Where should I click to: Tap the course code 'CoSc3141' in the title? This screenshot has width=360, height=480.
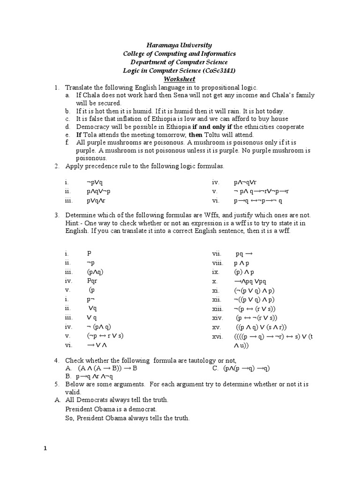click(217, 70)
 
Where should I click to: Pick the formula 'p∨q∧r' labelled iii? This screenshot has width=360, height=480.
click(96, 201)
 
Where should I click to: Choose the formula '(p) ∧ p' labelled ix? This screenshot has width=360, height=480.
click(244, 272)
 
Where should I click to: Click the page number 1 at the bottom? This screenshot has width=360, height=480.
click(45, 448)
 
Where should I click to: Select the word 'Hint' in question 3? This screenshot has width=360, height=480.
click(72, 223)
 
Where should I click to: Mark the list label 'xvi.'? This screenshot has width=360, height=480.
click(217, 336)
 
